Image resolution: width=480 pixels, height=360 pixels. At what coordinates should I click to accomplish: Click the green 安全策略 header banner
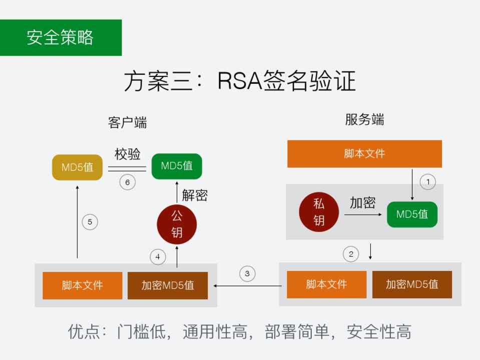click(61, 37)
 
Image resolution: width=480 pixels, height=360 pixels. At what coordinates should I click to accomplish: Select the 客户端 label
click(127, 122)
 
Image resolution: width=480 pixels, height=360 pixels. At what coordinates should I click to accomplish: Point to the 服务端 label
click(364, 120)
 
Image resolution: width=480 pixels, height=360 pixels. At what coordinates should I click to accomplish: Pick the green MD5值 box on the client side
click(177, 166)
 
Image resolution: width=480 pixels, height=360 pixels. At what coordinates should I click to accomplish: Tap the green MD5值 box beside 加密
click(412, 214)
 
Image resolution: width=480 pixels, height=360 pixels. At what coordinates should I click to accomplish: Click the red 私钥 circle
click(319, 211)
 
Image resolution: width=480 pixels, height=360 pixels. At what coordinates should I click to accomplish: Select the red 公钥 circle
click(177, 224)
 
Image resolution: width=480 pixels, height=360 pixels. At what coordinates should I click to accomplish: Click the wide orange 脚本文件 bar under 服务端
click(364, 153)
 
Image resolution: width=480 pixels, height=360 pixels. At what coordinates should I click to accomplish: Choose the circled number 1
click(427, 182)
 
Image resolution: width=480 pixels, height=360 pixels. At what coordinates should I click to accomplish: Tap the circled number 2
click(351, 254)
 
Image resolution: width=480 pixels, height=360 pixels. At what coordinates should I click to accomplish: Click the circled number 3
click(247, 273)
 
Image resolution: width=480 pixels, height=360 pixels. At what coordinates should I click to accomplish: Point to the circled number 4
click(158, 257)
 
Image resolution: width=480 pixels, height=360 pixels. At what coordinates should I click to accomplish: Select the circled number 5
click(90, 222)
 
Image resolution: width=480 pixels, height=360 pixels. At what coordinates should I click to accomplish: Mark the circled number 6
click(128, 182)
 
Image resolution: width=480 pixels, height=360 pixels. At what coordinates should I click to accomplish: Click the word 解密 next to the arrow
click(195, 195)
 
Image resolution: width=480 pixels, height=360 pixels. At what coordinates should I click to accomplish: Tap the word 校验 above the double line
click(128, 154)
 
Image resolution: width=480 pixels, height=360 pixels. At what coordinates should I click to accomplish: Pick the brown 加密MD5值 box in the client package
click(168, 285)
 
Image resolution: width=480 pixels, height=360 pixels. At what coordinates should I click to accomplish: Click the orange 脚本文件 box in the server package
click(326, 284)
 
